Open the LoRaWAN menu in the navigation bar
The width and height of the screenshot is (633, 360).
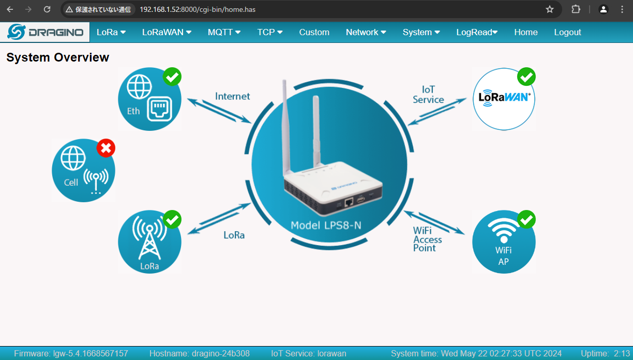click(167, 32)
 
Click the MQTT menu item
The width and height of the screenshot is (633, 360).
click(224, 32)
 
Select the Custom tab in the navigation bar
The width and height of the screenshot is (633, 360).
click(314, 32)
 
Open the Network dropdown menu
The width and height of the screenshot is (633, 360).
click(366, 32)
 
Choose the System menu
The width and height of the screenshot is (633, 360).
click(421, 32)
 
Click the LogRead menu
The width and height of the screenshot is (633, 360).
click(476, 32)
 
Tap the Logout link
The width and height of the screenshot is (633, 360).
click(567, 32)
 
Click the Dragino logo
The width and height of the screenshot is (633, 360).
click(46, 32)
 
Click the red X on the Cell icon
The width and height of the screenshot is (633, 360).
click(106, 149)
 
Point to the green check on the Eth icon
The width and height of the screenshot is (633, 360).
click(172, 77)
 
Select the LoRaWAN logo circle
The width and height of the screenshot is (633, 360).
click(504, 98)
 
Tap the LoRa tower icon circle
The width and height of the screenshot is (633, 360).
click(149, 242)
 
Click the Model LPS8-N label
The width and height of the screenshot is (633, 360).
click(326, 225)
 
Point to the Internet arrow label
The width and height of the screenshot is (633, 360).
click(232, 96)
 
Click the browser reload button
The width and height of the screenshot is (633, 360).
click(47, 9)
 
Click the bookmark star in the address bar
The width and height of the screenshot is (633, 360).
click(550, 9)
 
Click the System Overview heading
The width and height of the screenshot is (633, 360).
click(57, 57)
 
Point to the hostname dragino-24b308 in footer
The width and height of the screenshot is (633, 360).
click(199, 354)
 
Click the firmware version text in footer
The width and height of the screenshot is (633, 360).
click(71, 354)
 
